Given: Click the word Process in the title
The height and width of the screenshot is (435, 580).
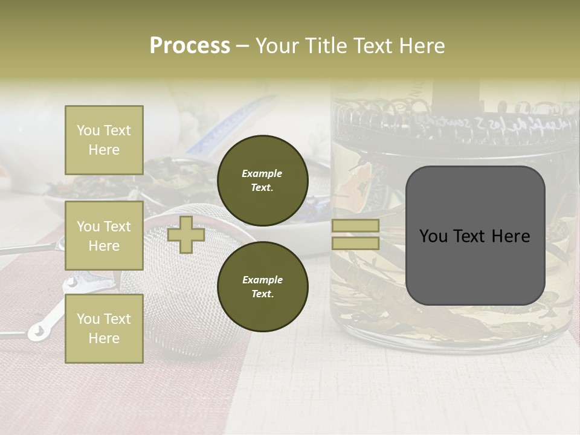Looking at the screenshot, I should pos(190,46).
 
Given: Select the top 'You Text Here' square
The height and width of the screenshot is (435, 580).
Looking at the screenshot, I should pos(104,140).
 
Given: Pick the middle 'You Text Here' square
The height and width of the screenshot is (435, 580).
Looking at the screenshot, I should pos(104,236).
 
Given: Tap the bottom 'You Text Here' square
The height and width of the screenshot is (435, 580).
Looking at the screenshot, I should pos(104,328).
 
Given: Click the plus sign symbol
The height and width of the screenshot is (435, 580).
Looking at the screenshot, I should pos(186,235).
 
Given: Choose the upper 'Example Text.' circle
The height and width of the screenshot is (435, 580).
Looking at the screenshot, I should pos(262,180).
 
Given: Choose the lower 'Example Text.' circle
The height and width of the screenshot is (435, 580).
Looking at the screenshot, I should pos(262,286).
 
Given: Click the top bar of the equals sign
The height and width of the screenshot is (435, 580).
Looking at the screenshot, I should pos(355,226).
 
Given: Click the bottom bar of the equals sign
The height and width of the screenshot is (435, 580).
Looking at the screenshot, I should pos(355,243).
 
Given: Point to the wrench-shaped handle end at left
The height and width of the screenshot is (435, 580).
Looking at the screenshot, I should pos(37,330).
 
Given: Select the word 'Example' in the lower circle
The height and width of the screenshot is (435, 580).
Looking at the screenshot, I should pos(262,280).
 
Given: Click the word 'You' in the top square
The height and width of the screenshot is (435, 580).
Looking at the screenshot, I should pos(88,130).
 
